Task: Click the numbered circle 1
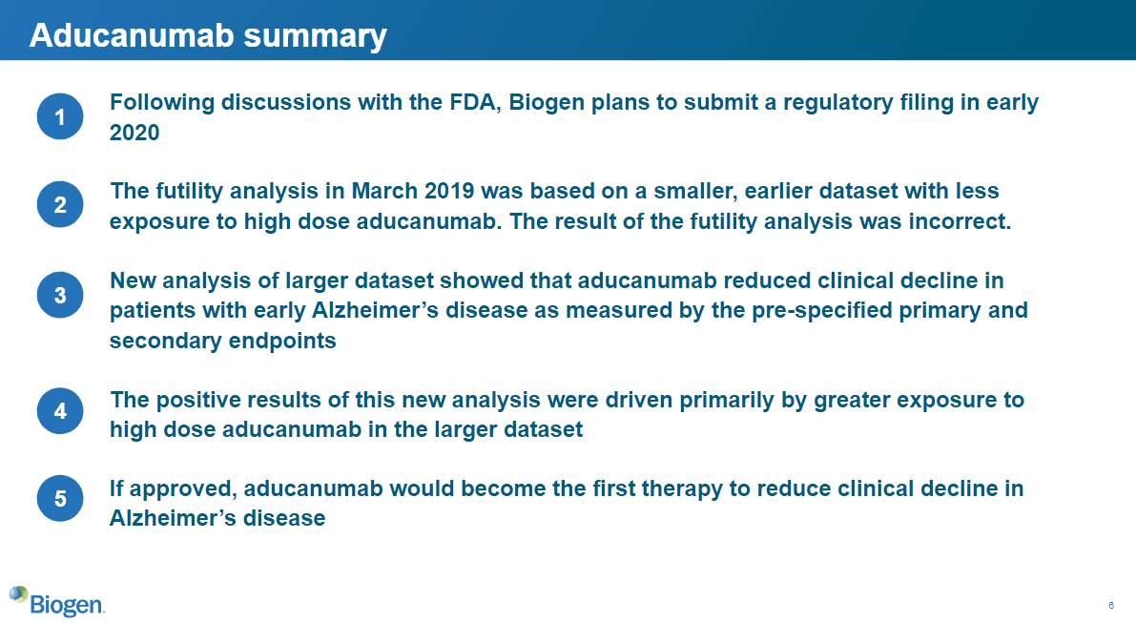(60, 115)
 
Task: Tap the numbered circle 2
(60, 204)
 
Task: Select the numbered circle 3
(60, 295)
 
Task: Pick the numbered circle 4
(60, 411)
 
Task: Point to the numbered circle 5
(60, 498)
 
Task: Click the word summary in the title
(315, 36)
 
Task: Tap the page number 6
(1110, 605)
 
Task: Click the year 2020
(134, 133)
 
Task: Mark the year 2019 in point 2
(449, 191)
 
